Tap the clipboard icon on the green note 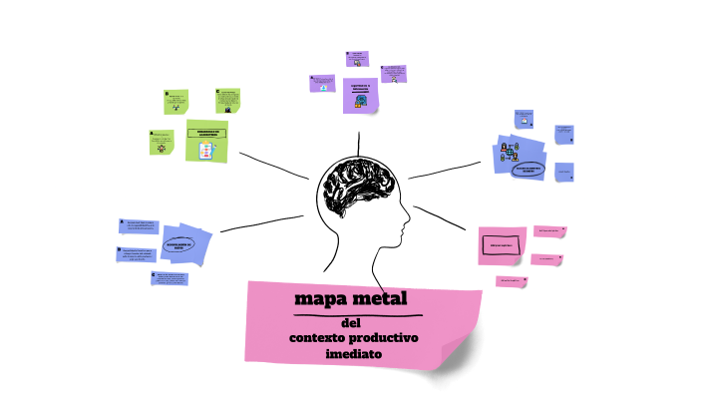(206, 150)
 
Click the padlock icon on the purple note (361, 100)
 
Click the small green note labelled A (160, 142)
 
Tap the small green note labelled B (175, 101)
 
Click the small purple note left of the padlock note (322, 82)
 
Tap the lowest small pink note (511, 281)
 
